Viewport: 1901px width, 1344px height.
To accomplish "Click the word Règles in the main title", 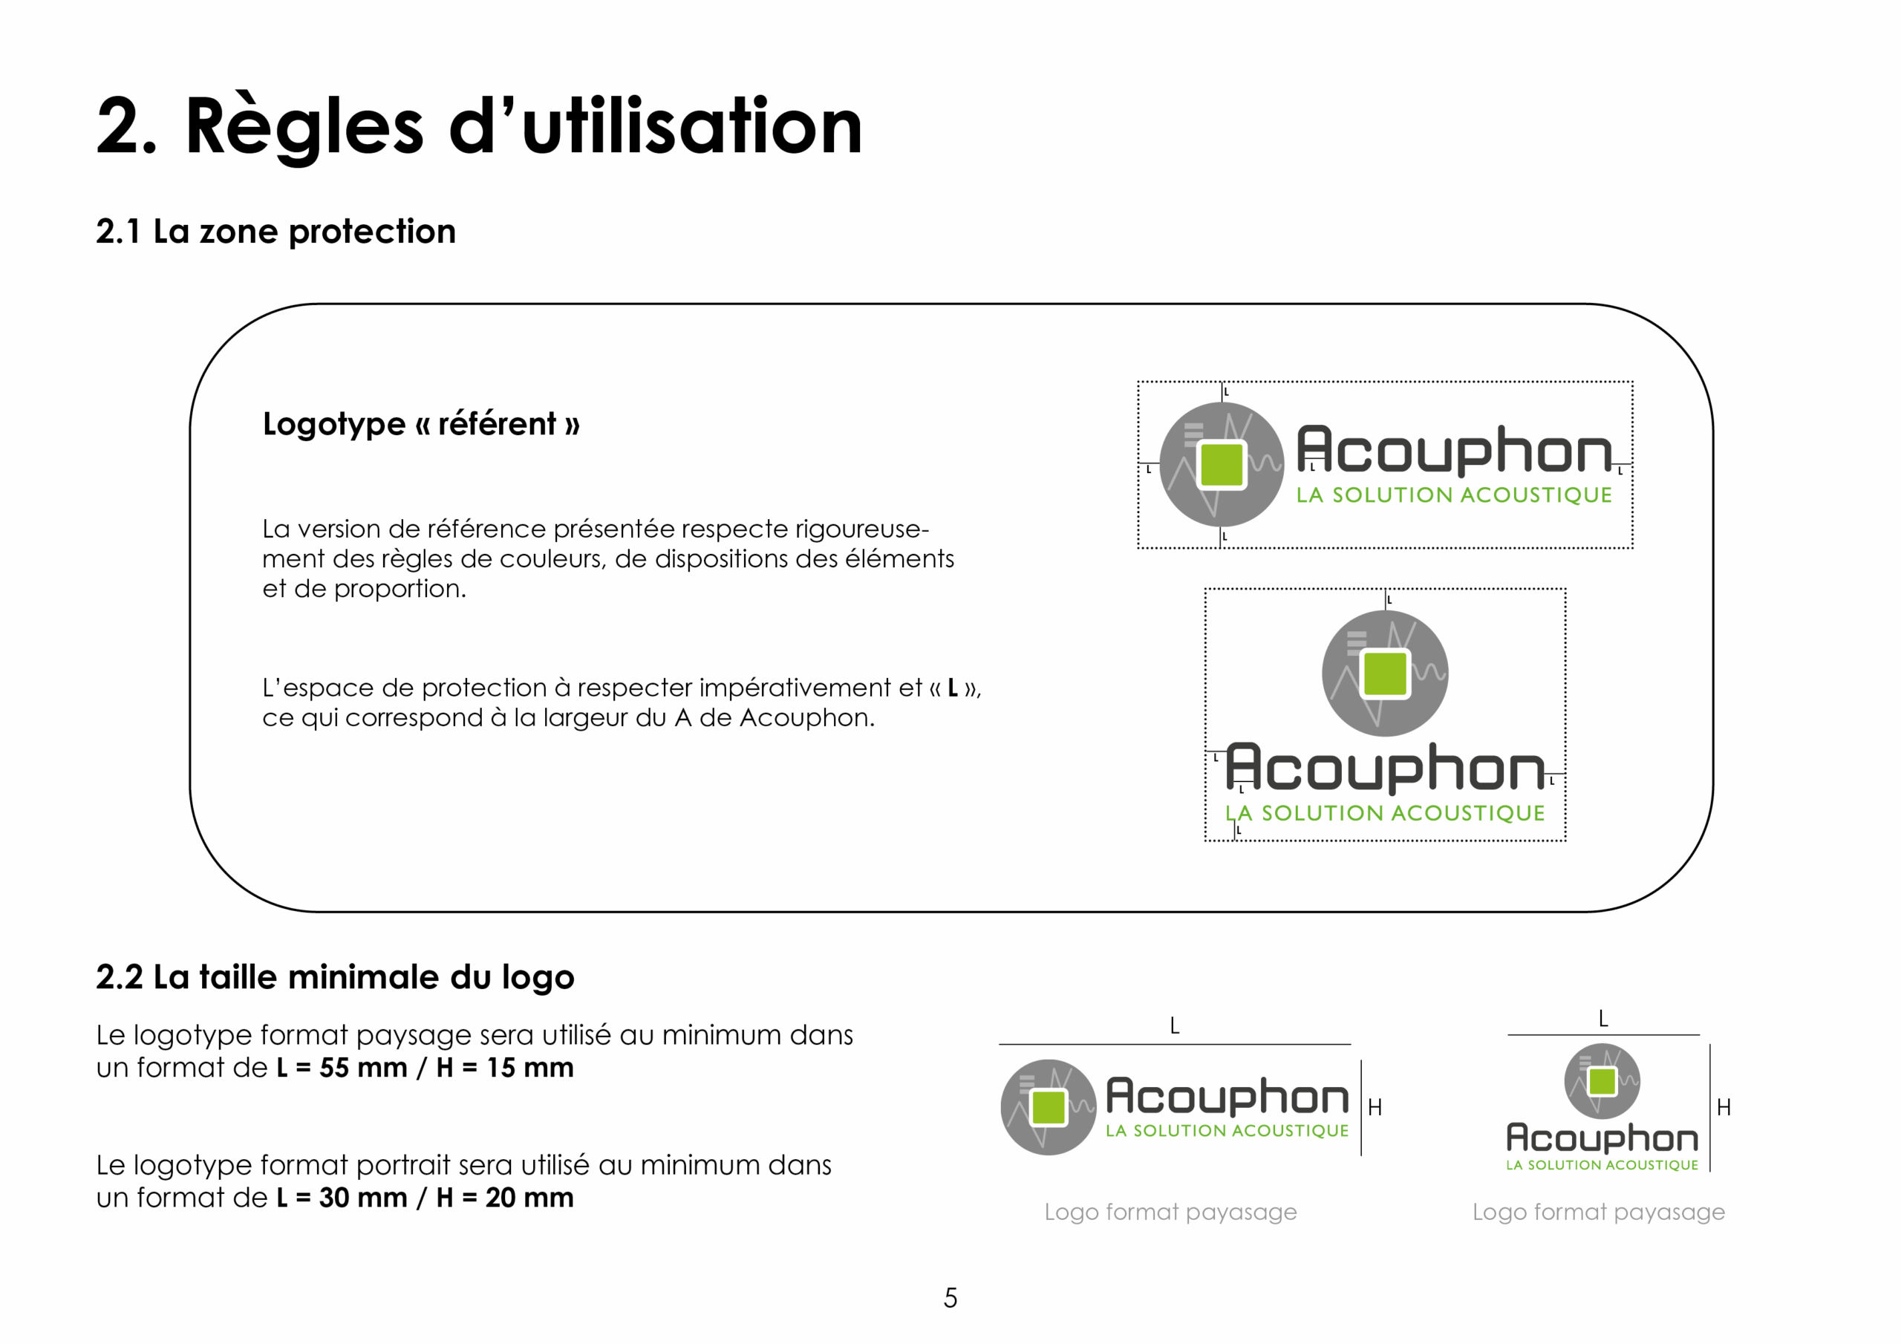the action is (x=304, y=127).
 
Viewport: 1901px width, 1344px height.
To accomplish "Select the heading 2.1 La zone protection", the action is (x=275, y=232).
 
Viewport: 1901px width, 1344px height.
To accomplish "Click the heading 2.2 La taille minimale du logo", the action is (x=336, y=978).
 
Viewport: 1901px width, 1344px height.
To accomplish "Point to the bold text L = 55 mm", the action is (x=341, y=1068).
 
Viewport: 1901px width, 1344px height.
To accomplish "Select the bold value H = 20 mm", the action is (x=505, y=1198).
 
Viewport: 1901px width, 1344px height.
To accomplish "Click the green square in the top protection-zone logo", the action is (x=1222, y=465).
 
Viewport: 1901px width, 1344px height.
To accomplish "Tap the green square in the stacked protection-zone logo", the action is (x=1384, y=673).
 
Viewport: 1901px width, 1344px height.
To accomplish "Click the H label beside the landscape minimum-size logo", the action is (x=1375, y=1108).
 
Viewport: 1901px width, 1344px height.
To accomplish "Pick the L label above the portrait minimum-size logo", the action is (x=1603, y=1019).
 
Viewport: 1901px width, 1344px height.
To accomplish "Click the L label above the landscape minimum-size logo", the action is (x=1174, y=1027).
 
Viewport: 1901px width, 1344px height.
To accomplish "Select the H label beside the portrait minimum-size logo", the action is (x=1724, y=1108).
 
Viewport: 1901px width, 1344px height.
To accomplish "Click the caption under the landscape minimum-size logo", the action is (x=1171, y=1213).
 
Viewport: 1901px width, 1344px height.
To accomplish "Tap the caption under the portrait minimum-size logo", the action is (x=1599, y=1213).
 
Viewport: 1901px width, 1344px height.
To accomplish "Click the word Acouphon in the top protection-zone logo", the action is (x=1455, y=451).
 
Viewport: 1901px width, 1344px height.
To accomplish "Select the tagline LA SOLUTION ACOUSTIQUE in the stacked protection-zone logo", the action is (x=1385, y=813).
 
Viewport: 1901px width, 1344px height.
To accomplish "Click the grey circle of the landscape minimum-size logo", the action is (x=1049, y=1108).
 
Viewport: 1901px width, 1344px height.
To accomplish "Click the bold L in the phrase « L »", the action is (x=953, y=688).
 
